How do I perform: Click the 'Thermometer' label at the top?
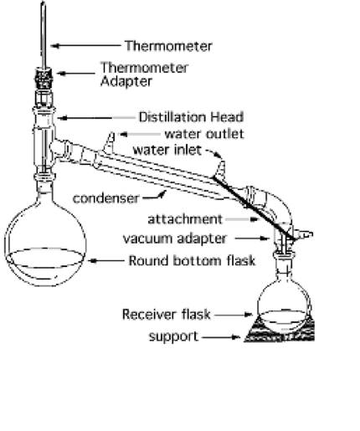click(x=168, y=46)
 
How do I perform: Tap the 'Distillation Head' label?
click(x=191, y=117)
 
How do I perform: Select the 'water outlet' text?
click(x=204, y=134)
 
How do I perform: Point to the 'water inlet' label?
click(x=167, y=150)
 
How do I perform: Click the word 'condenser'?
click(x=105, y=198)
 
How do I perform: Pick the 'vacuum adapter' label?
click(x=174, y=239)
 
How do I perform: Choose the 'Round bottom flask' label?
click(x=192, y=261)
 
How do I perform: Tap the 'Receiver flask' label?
click(x=166, y=315)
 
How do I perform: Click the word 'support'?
click(x=173, y=336)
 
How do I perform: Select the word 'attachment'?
click(x=185, y=219)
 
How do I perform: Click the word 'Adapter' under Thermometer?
click(x=126, y=81)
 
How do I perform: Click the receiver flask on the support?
click(x=284, y=301)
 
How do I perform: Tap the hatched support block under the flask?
click(x=279, y=333)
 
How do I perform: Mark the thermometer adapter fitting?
click(x=44, y=78)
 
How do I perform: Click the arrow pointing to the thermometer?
click(x=85, y=46)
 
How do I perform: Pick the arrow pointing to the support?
click(x=221, y=337)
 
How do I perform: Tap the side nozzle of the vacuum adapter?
click(x=304, y=234)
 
